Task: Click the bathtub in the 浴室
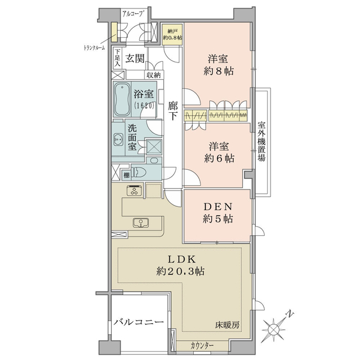[122, 100]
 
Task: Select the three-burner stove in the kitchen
[134, 190]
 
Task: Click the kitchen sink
[140, 223]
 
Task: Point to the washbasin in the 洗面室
[118, 139]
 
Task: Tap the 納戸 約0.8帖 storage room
[172, 34]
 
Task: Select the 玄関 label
[135, 59]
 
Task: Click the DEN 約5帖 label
[218, 213]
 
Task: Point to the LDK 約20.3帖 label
[181, 265]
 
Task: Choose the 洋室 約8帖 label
[218, 65]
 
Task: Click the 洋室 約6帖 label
[219, 152]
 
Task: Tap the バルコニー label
[139, 322]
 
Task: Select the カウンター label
[202, 346]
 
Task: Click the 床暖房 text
[227, 325]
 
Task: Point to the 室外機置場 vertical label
[261, 142]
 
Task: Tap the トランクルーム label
[94, 48]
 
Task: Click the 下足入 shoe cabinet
[118, 58]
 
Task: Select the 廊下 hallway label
[173, 111]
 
